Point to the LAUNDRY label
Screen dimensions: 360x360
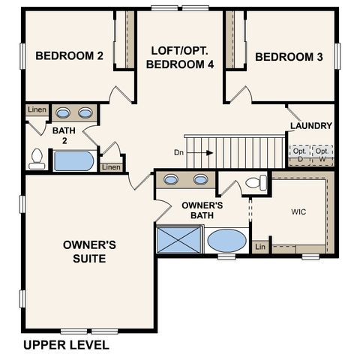[310, 126]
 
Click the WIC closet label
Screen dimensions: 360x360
[298, 211]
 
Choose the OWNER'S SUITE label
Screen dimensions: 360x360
[88, 251]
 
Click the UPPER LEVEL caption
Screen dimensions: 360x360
[66, 345]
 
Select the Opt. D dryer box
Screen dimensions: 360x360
[299, 154]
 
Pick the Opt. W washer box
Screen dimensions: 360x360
[322, 154]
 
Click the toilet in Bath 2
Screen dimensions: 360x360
[36, 158]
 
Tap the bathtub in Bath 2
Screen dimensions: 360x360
[73, 160]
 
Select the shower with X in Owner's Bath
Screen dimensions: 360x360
[175, 241]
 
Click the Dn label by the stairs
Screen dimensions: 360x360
[179, 152]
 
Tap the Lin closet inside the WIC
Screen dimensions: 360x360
[260, 247]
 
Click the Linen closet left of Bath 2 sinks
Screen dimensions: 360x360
[37, 111]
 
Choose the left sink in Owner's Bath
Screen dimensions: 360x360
[172, 180]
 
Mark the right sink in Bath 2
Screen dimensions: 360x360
[85, 113]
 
